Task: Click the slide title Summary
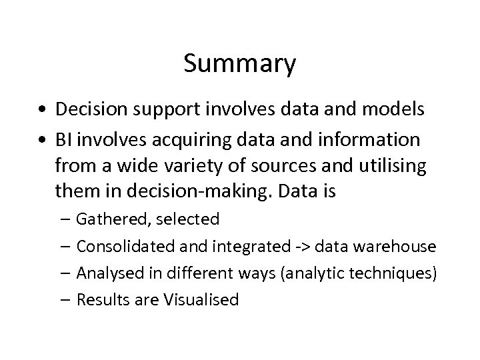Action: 239,64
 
